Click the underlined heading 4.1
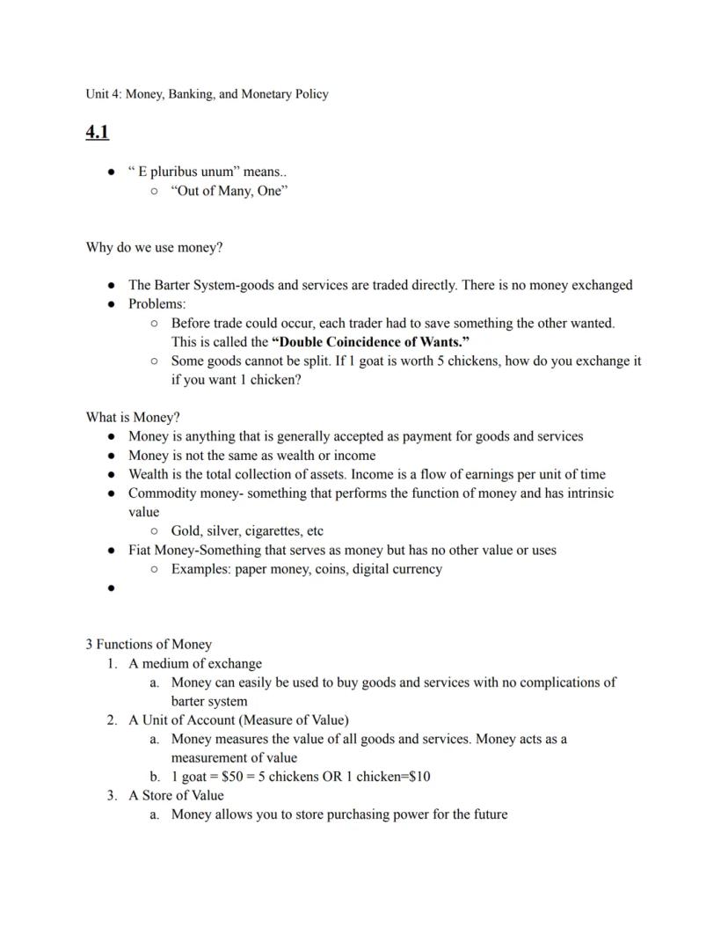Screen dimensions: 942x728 pos(97,133)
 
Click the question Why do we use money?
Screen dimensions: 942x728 pos(154,248)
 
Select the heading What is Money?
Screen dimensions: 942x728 pos(132,418)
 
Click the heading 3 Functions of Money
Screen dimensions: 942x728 pos(149,645)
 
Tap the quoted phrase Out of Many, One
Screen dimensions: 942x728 pos(229,191)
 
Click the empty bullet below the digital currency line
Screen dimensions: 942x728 pos(112,589)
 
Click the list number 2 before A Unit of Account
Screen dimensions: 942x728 pos(112,720)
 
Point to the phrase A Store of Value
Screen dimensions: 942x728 pos(176,796)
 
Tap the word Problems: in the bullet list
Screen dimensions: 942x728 pos(157,304)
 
